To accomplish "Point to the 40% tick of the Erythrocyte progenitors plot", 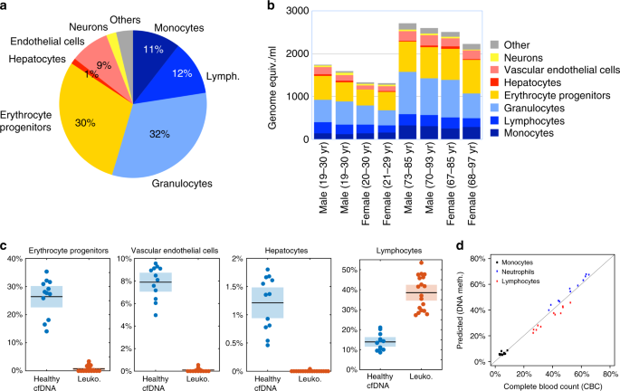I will [16, 259].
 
